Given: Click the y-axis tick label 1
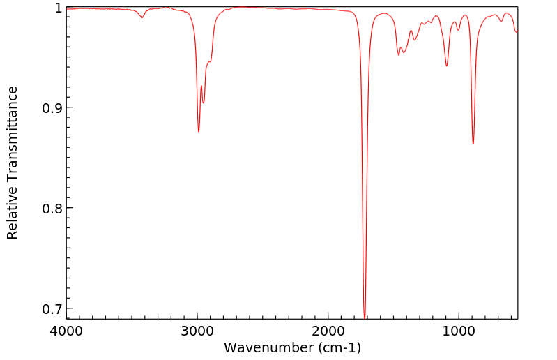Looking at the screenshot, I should (58, 8).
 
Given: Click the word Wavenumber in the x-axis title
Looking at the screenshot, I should (266, 347).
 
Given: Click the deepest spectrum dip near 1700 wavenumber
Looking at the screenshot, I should (365, 316).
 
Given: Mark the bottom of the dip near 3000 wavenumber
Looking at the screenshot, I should (199, 131).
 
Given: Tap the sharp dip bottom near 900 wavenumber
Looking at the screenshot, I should (473, 144).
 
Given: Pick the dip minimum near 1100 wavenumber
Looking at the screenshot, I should (447, 66).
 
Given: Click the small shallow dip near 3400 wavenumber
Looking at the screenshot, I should (142, 17).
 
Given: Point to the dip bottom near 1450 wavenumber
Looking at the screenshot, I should (399, 54).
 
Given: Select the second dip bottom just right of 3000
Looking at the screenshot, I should (204, 103).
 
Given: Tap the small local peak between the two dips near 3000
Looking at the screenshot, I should (201, 86).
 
